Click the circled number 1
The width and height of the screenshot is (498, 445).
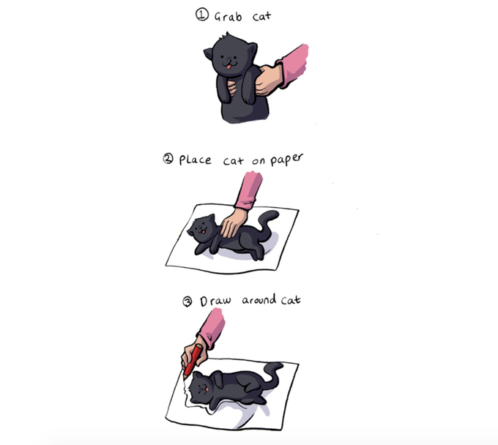pyautogui.click(x=202, y=15)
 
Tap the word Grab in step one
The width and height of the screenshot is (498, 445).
pyautogui.click(x=228, y=17)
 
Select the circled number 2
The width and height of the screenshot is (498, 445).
pyautogui.click(x=168, y=158)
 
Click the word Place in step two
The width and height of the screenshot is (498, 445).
pyautogui.click(x=195, y=160)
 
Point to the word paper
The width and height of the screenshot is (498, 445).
pyautogui.click(x=287, y=160)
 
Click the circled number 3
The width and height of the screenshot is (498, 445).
pyautogui.click(x=187, y=302)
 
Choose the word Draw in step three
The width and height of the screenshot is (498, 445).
pyautogui.click(x=215, y=301)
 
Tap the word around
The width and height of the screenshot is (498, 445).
pyautogui.click(x=259, y=299)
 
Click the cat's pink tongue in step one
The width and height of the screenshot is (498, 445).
pyautogui.click(x=228, y=66)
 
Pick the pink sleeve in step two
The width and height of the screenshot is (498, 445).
pyautogui.click(x=249, y=191)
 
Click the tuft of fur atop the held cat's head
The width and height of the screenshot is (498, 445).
pyautogui.click(x=227, y=35)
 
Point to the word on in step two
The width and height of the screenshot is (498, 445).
pyautogui.click(x=259, y=161)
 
